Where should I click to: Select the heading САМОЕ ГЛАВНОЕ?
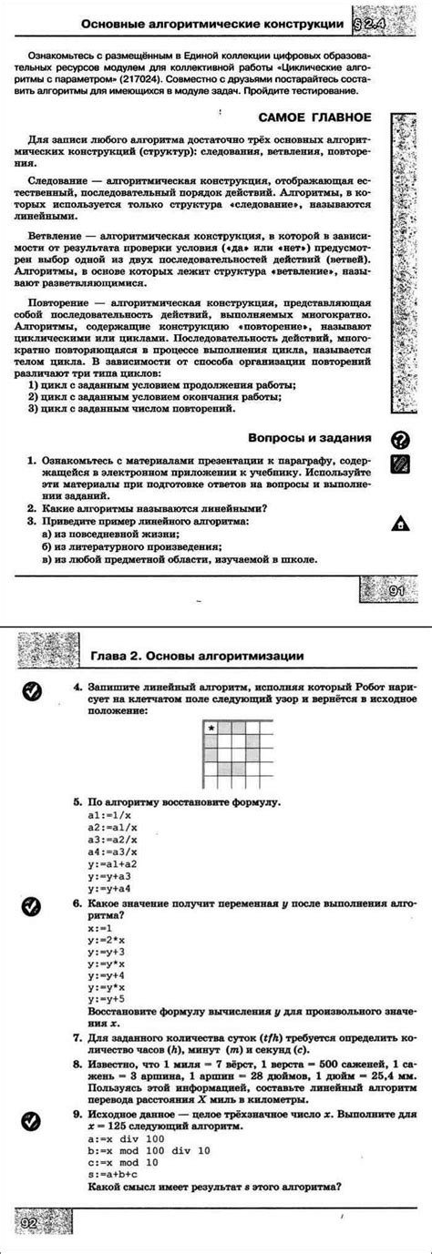click(x=314, y=117)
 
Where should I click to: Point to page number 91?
click(x=396, y=592)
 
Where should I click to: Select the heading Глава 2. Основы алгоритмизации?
click(x=196, y=656)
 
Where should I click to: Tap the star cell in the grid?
click(x=211, y=702)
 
